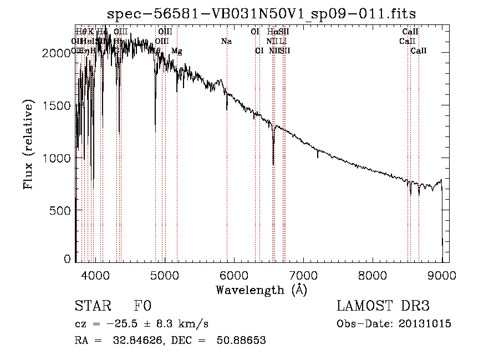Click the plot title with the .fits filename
pos(261,13)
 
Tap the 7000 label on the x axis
pos(303,275)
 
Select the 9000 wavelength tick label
pos(441,275)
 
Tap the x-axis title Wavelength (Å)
pos(261,290)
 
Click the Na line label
pos(226,41)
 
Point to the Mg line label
pos(176,51)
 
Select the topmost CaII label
pos(410,32)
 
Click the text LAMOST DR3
pos(383,306)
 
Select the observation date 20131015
pos(425,323)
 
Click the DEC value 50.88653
pos(243,341)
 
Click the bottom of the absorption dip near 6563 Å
pos(273,164)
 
